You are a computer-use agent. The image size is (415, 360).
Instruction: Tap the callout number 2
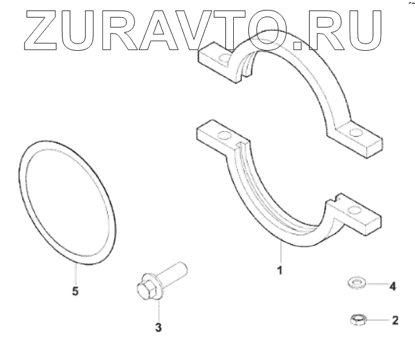pyautogui.click(x=395, y=321)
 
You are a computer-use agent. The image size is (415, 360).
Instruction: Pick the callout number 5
pyautogui.click(x=76, y=291)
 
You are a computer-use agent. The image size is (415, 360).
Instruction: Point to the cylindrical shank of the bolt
pyautogui.click(x=175, y=271)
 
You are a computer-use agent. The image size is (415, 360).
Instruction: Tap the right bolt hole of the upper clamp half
pyautogui.click(x=356, y=135)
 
